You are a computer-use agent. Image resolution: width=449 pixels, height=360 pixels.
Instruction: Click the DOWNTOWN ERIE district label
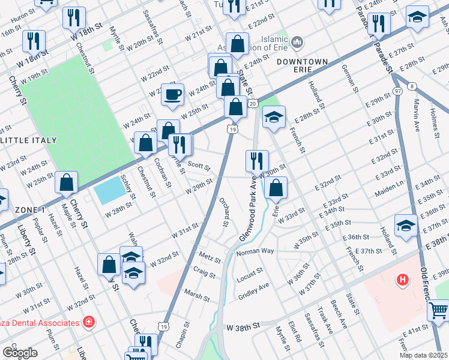click(303, 66)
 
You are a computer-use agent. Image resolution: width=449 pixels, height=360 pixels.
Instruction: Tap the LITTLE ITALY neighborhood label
click(29, 140)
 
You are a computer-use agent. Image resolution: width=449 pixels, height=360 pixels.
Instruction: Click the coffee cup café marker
click(173, 95)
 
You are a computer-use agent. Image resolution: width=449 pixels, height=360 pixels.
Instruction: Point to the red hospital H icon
click(403, 280)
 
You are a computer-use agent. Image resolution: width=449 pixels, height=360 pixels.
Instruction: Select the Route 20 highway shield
click(253, 104)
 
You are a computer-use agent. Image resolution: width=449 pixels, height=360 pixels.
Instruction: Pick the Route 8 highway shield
click(411, 86)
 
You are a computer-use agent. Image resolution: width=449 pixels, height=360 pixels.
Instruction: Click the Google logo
click(20, 352)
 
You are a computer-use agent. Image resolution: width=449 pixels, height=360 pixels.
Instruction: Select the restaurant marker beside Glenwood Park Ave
click(257, 161)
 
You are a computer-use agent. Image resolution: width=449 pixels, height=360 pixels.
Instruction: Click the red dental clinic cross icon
click(89, 323)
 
